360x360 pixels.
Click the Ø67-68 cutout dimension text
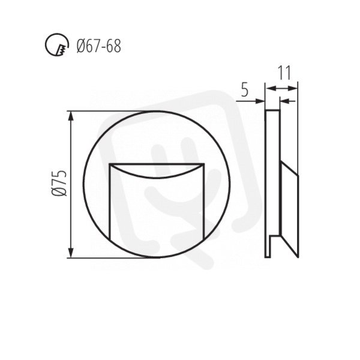coord(99,46)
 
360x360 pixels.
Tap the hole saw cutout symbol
coord(57,44)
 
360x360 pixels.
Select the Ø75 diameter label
coord(59,183)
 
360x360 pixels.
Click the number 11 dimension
coord(284,73)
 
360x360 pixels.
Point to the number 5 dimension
coord(245,90)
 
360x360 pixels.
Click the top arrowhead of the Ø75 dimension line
coord(71,116)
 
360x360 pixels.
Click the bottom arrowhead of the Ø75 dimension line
coord(71,253)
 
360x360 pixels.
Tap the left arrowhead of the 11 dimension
coord(271,88)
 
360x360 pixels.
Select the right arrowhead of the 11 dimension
coord(293,88)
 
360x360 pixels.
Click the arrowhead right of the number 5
coord(260,101)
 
